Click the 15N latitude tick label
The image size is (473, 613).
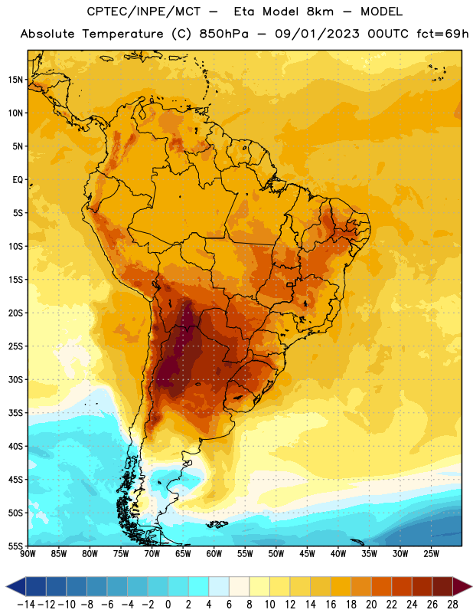15,80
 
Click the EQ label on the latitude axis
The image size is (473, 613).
18,180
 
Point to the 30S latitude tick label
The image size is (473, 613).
15,379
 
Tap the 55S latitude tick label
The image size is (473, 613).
15,546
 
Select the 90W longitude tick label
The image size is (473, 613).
28,554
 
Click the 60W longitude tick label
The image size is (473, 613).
214,554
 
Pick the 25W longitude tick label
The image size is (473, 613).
431,554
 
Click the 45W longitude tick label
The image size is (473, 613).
307,554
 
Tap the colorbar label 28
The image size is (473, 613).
452,605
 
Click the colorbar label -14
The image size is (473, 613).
26,605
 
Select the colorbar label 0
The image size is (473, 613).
168,605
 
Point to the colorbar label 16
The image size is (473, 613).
331,605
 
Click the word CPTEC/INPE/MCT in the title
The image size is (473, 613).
143,11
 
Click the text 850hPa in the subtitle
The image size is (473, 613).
223,34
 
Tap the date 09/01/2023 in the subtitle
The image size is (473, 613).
317,34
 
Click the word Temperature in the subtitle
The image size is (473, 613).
122,34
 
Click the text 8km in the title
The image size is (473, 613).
320,11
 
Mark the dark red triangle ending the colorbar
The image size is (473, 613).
462,586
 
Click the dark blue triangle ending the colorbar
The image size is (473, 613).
16,586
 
